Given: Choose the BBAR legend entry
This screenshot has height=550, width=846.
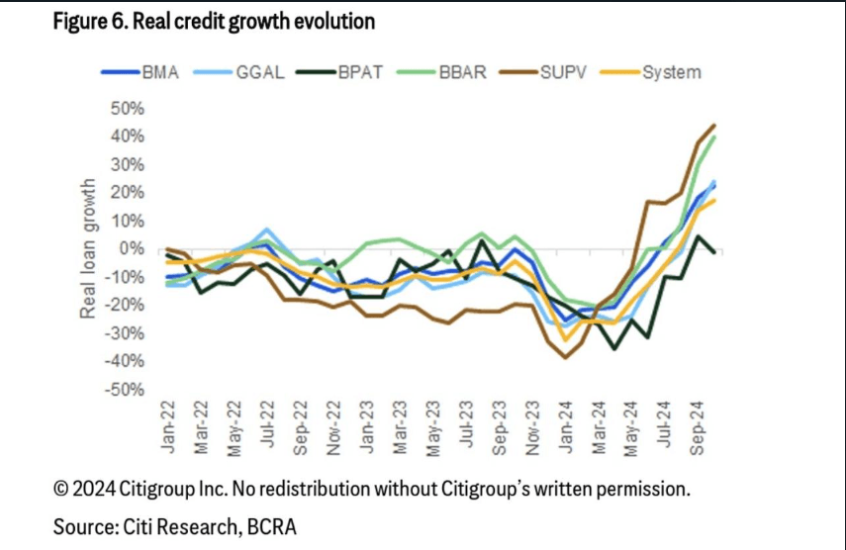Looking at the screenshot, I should pyautogui.click(x=459, y=72).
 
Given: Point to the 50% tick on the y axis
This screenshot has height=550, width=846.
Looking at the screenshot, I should pyautogui.click(x=128, y=107).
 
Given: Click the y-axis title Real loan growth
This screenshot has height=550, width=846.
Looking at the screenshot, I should pyautogui.click(x=89, y=249).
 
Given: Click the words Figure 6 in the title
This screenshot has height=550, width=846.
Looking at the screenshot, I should pyautogui.click(x=90, y=20).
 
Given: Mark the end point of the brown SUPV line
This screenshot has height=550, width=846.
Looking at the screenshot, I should pyautogui.click(x=713, y=126).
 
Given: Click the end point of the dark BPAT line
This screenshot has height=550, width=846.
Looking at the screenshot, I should pyautogui.click(x=713, y=252).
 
